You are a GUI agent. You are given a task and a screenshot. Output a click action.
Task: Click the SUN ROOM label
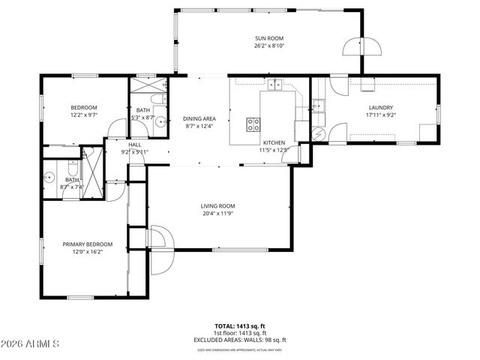pos(269,38)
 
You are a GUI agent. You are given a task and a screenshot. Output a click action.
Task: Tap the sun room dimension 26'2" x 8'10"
pos(269,46)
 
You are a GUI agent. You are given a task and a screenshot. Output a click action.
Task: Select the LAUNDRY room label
pos(380,107)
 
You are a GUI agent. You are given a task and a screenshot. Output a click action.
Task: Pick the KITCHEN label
pos(273,142)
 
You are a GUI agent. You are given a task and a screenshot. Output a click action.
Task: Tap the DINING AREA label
pos(199,118)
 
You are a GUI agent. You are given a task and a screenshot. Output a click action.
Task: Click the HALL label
pos(135,145)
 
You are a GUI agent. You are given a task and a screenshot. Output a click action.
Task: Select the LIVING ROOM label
pos(218,206)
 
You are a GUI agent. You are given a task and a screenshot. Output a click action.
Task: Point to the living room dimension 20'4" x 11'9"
pos(218,214)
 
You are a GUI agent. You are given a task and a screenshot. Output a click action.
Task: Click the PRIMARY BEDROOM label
pos(87,244)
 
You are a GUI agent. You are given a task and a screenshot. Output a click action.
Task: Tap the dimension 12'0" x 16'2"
pos(87,252)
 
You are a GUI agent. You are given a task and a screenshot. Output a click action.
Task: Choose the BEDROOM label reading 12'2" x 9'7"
pos(83,108)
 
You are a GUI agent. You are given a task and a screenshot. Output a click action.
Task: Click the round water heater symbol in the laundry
pos(318,134)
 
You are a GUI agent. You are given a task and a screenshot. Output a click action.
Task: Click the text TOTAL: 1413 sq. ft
pos(240,325)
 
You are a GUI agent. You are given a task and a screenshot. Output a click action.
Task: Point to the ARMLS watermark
pos(31,343)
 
